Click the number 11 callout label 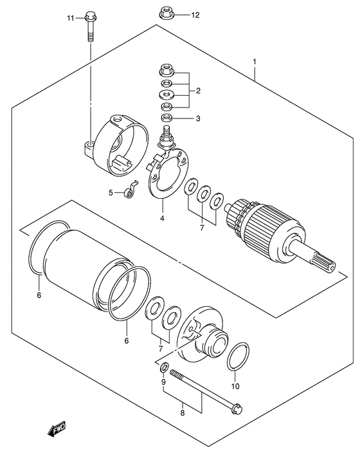point(71,19)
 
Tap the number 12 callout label point(195,15)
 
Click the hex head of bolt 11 point(91,17)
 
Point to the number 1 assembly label point(255,62)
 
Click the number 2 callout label point(198,91)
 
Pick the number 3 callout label point(198,118)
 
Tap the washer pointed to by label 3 point(166,118)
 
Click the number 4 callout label point(162,218)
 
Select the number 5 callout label point(111,192)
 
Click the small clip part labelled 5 point(130,190)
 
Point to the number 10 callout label point(235,386)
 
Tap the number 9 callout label point(163,382)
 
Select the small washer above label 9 point(164,367)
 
